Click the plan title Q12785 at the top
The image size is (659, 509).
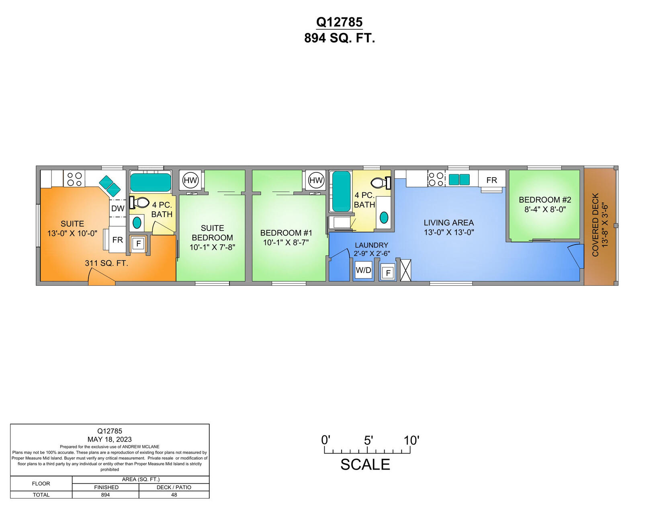(x=339, y=22)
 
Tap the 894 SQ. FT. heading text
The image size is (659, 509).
(x=339, y=38)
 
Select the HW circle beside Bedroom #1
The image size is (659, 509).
(x=316, y=180)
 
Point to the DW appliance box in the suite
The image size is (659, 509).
(x=118, y=208)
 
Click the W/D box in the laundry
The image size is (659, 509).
(x=363, y=270)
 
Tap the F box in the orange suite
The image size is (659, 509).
(x=139, y=243)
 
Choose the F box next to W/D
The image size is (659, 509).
(x=388, y=273)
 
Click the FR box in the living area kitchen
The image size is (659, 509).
(x=491, y=180)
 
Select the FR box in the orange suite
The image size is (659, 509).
(x=117, y=240)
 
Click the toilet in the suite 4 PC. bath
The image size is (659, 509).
(x=140, y=202)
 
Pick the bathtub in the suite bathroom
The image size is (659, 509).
(x=151, y=182)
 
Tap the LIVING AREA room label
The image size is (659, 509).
(x=448, y=223)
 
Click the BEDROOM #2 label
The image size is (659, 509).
(x=544, y=200)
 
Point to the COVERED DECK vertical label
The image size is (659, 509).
(x=596, y=225)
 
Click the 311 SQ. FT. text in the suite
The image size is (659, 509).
(x=106, y=263)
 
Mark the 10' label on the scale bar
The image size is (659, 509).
(x=411, y=440)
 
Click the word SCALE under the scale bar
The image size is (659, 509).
(x=365, y=464)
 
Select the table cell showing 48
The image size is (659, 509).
(x=174, y=495)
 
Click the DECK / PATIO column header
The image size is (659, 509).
(x=174, y=487)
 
